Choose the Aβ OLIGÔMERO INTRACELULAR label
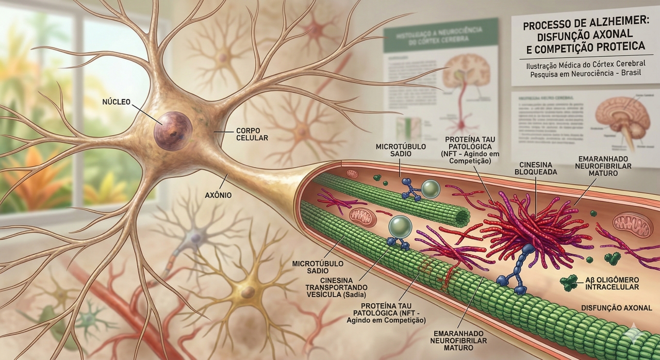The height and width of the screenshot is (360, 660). tap(612, 283)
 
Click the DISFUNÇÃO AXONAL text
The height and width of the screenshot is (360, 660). tap(616, 308)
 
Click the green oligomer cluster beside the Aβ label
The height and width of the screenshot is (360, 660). tap(570, 282)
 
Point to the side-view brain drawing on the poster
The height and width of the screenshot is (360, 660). tap(621, 116)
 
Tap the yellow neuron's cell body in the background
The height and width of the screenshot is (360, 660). tap(249, 292)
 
